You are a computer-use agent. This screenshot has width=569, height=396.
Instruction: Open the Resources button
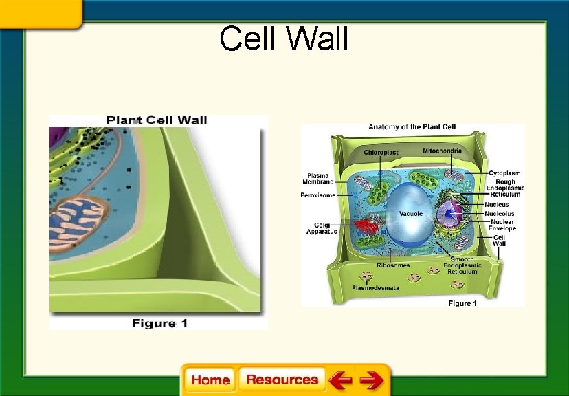(x=282, y=379)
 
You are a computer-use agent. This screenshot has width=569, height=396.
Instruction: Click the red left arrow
(x=339, y=379)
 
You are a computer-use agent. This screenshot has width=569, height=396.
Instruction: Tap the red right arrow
(x=372, y=379)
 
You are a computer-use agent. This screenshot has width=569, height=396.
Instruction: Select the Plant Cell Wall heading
(x=157, y=120)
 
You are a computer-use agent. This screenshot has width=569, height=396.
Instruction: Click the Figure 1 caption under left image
(x=159, y=323)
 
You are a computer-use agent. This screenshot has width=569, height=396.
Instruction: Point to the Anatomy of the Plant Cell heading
(x=412, y=127)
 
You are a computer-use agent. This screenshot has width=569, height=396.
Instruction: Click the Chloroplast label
(x=381, y=151)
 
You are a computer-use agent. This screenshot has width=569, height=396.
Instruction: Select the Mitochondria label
(x=442, y=150)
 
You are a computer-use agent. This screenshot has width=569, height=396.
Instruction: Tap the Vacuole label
(x=411, y=214)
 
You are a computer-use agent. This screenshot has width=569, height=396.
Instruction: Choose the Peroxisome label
(x=317, y=195)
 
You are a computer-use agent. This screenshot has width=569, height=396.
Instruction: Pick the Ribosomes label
(x=393, y=265)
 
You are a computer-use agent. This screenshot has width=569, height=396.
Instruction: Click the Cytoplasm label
(x=504, y=173)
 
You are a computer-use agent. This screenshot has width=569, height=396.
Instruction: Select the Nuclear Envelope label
(x=502, y=225)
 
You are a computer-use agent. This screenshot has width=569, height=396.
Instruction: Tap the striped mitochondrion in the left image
(x=77, y=221)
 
